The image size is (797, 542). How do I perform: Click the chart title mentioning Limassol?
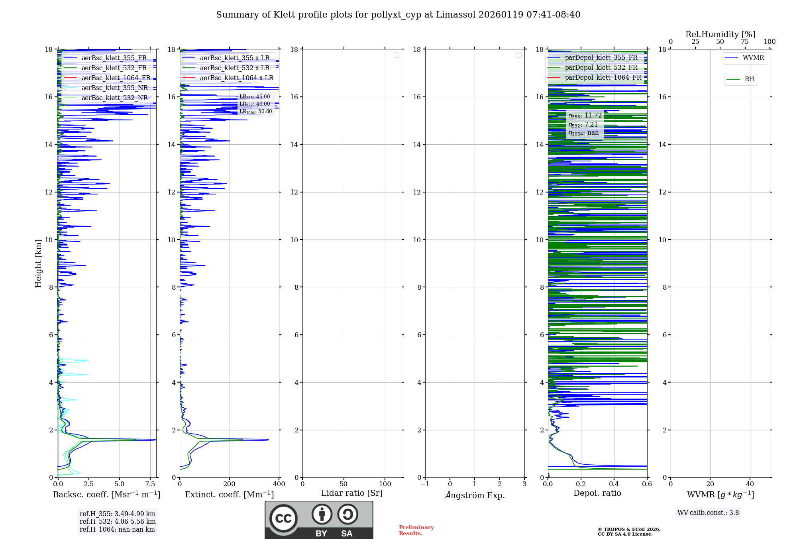pos(398,15)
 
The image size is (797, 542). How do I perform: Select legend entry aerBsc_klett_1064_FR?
pos(116,78)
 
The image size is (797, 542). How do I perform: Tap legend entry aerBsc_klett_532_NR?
pos(114,98)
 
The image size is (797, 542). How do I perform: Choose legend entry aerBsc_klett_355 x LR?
pos(235,58)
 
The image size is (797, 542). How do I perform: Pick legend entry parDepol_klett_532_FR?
pos(601,67)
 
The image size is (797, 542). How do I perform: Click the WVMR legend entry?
pos(753,58)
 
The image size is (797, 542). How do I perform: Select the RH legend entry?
pos(749,79)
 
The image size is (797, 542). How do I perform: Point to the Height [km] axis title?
pos(38,263)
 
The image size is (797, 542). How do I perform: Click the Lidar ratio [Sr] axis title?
pos(352,493)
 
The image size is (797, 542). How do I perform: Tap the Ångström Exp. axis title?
pos(475,495)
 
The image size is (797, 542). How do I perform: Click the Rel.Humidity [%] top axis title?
pos(720,34)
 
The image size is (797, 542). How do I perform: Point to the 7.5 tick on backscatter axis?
pos(150,484)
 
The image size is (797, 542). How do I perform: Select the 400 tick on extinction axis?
pos(279,484)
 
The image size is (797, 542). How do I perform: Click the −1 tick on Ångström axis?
pos(425,484)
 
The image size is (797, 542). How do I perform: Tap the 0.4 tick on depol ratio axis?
pos(614,484)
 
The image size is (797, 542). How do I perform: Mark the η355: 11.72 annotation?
pos(585,116)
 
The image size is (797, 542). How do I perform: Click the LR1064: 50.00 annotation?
pos(255,112)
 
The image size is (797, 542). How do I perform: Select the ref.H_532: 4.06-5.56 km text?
pos(118,521)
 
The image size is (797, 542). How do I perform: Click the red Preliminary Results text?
pos(416,530)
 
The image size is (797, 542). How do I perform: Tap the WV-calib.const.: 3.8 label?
pos(708,513)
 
